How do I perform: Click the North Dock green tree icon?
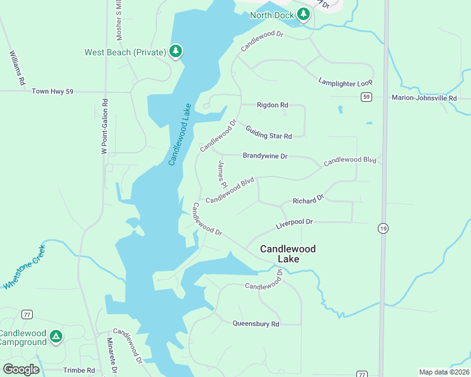pos(304,14)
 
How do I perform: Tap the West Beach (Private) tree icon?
pos(176,52)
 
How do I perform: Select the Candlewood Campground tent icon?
pos(56,337)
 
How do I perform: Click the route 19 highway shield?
pos(383,228)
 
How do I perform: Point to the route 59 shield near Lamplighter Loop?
pos(366,97)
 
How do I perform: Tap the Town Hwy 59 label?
pos(53,92)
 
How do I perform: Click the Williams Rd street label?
pos(17,68)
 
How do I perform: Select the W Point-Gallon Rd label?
pos(105,126)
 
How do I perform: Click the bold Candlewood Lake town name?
pos(288,254)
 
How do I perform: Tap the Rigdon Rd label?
pos(272,105)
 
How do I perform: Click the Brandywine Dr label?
pos(264,155)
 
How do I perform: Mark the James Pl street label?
pos(222,175)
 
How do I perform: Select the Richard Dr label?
pos(308,199)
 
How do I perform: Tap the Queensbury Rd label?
pos(256,324)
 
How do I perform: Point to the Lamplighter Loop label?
pos(346,82)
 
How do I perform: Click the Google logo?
pos(21,369)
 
